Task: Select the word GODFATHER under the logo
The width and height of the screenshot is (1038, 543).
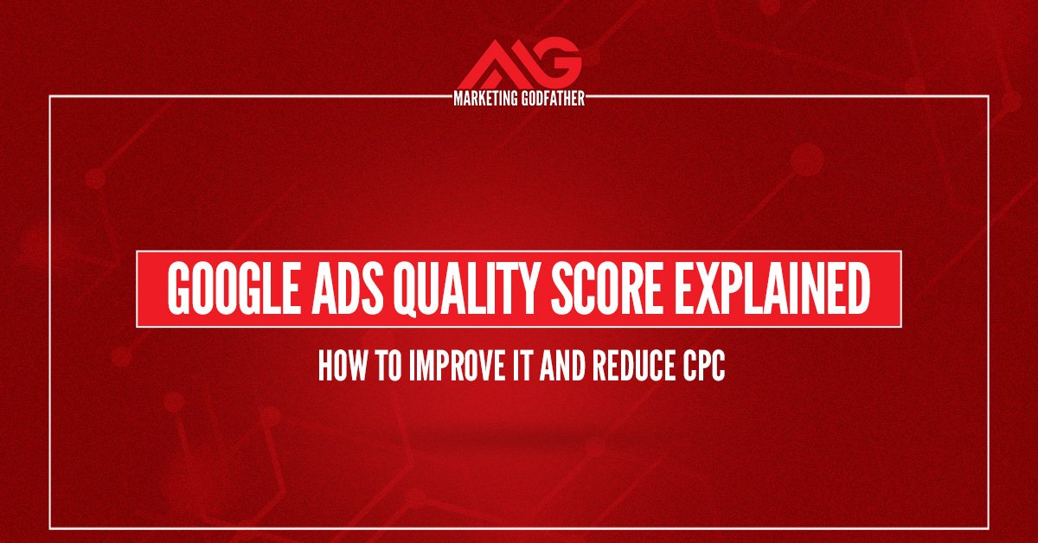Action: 555,100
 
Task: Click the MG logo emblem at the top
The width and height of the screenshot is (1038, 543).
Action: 519,66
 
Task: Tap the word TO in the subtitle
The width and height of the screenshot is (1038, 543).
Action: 376,366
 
